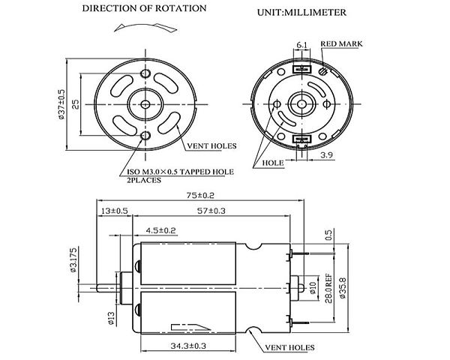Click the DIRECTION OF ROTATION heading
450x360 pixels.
pyautogui.click(x=144, y=9)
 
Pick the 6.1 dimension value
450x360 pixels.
pyautogui.click(x=301, y=46)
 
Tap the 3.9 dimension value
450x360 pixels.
pyautogui.click(x=326, y=155)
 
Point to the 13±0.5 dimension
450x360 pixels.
pyautogui.click(x=115, y=211)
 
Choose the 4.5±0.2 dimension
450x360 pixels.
pyautogui.click(x=160, y=229)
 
